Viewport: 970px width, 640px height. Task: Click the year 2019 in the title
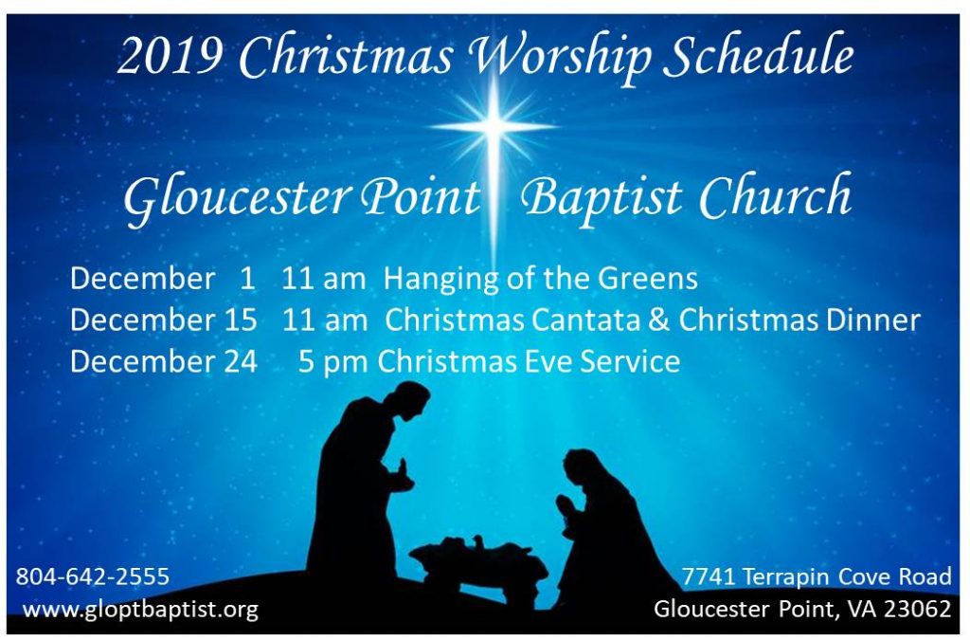click(171, 56)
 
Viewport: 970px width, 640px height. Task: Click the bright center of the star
click(494, 126)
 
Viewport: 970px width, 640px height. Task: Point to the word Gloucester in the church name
click(237, 197)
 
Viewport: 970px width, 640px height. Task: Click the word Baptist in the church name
click(602, 197)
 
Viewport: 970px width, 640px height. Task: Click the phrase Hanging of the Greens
click(541, 279)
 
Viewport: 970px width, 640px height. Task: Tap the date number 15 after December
click(241, 320)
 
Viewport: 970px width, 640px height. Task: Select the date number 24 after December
click(241, 361)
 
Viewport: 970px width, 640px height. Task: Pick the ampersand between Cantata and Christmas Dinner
click(660, 320)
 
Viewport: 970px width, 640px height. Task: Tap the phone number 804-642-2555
click(92, 576)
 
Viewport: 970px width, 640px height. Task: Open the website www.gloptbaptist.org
click(140, 610)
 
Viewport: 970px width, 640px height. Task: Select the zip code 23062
click(917, 609)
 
